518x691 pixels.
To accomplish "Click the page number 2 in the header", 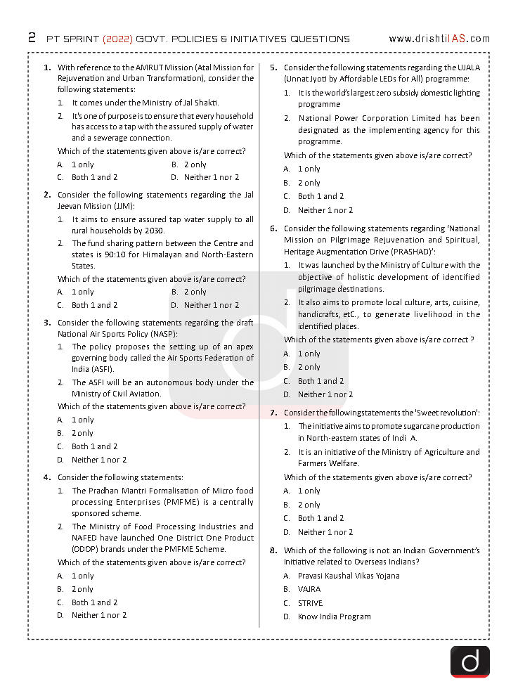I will pos(32,38).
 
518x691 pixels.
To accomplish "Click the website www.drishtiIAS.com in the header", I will pos(439,39).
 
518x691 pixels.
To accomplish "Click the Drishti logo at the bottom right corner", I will pos(470,661).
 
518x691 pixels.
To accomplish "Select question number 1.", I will pos(47,67).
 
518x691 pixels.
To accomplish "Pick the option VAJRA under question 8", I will pos(309,589).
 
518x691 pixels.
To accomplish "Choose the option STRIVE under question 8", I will pos(310,602).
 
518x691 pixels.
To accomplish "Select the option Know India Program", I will pos(334,616).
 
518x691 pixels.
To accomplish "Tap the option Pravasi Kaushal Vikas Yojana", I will pos(349,576).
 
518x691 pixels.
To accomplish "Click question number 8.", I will pos(273,550).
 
